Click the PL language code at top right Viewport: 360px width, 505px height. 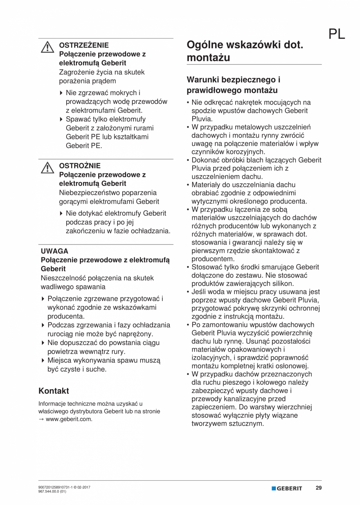click(337, 34)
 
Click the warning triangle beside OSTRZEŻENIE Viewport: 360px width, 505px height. click(47, 47)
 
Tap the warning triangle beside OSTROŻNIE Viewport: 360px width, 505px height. click(47, 168)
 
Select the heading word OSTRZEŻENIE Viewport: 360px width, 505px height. click(84, 45)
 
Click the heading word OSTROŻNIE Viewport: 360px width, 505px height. click(79, 166)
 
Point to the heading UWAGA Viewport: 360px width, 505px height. click(54, 251)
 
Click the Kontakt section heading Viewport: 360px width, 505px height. click(54, 391)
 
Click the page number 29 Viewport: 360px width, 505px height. click(319, 488)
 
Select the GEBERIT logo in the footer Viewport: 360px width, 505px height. click(287, 489)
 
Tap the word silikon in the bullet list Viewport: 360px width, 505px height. click(282, 283)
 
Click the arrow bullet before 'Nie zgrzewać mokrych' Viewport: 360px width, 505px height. click(61, 93)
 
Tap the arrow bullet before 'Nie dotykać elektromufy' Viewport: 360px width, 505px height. click(61, 213)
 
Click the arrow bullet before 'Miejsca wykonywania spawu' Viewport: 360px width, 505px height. click(43, 361)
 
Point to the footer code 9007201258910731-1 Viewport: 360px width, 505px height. click(54, 487)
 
